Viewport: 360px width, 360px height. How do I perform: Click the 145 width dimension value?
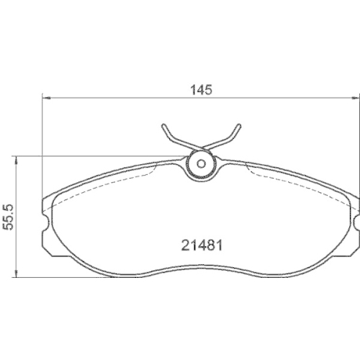click(x=202, y=90)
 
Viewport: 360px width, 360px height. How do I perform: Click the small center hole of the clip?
click(x=202, y=163)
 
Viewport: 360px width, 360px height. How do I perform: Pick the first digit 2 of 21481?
click(x=183, y=243)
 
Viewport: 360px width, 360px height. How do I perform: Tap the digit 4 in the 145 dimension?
click(x=202, y=90)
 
